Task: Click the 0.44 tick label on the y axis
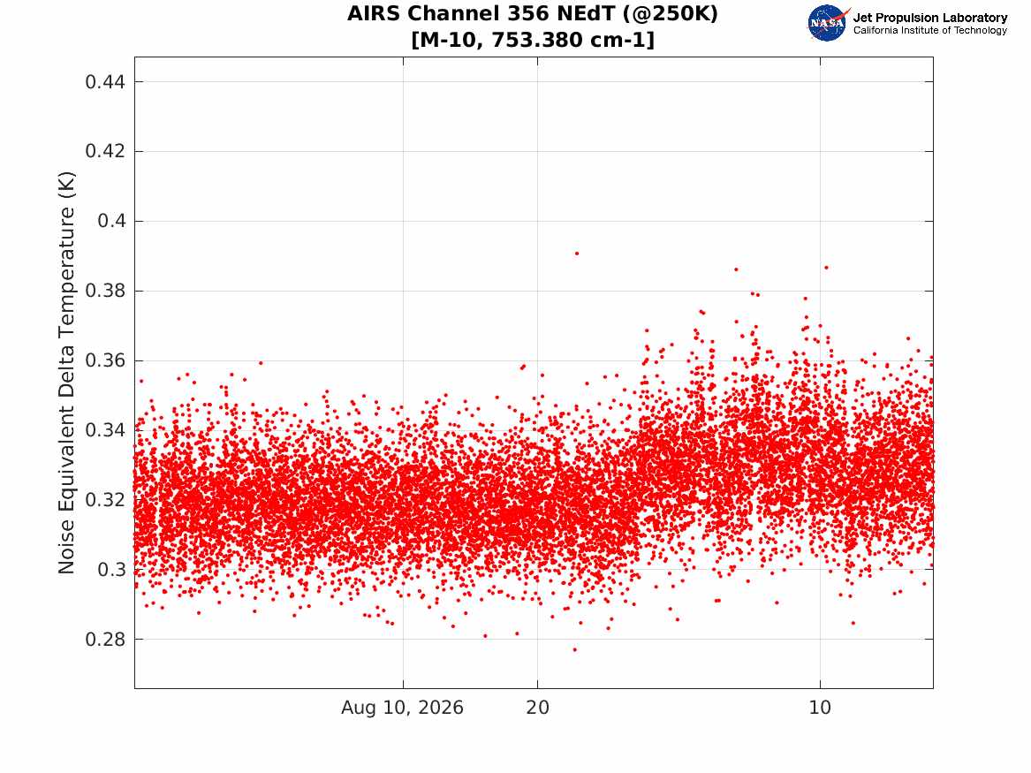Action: (x=104, y=81)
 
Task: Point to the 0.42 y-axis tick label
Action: (x=104, y=151)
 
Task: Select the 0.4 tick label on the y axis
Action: (x=111, y=221)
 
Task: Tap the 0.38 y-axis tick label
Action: (x=104, y=291)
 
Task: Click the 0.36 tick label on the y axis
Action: (x=104, y=360)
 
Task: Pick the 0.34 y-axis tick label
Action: (x=104, y=430)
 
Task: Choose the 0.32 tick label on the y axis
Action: (x=104, y=499)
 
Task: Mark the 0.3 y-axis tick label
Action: (x=111, y=569)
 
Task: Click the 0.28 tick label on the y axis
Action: (x=104, y=639)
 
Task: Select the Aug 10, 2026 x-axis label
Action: (x=402, y=708)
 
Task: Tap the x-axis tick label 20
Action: (x=537, y=708)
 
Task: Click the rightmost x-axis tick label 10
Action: (x=820, y=708)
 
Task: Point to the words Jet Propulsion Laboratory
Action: (x=930, y=18)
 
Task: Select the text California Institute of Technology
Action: (x=930, y=30)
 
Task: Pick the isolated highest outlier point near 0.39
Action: (x=577, y=253)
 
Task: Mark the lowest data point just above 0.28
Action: (x=574, y=649)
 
